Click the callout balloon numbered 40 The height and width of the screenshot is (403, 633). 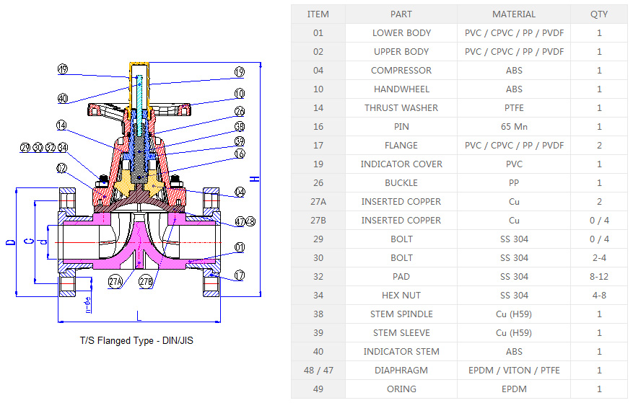pyautogui.click(x=63, y=98)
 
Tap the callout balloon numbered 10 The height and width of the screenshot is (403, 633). pyautogui.click(x=240, y=94)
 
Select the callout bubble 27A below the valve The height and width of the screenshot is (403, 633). pyautogui.click(x=116, y=281)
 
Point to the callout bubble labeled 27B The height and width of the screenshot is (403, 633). pyautogui.click(x=146, y=281)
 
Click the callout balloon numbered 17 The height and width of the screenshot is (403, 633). pyautogui.click(x=240, y=275)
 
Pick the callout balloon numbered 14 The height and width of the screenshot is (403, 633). pyautogui.click(x=63, y=125)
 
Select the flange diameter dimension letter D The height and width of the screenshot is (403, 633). pyautogui.click(x=10, y=240)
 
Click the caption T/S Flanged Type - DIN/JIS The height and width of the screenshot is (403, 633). pyautogui.click(x=136, y=340)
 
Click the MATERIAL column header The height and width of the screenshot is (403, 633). pyautogui.click(x=514, y=14)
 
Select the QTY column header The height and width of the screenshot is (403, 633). pyautogui.click(x=599, y=14)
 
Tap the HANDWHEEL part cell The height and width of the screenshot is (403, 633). pyautogui.click(x=401, y=89)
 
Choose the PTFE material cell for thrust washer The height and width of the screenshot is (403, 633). pyautogui.click(x=514, y=107)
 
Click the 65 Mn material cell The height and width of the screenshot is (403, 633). pyautogui.click(x=514, y=126)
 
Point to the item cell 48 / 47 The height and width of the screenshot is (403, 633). pyautogui.click(x=318, y=370)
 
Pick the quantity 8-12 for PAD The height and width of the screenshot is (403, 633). pyautogui.click(x=599, y=276)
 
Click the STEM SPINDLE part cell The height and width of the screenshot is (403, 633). pyautogui.click(x=401, y=314)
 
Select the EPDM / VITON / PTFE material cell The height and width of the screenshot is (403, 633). pyautogui.click(x=514, y=370)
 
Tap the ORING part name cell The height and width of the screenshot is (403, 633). pyautogui.click(x=401, y=389)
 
